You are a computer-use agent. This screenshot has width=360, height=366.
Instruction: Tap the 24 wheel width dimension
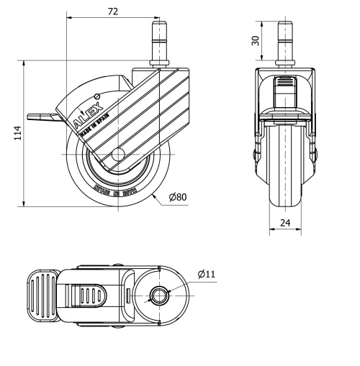[x=286, y=224]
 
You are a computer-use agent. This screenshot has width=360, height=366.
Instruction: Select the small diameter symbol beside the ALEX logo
[x=96, y=95]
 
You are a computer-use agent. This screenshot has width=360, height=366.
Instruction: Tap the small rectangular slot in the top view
[x=128, y=295]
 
